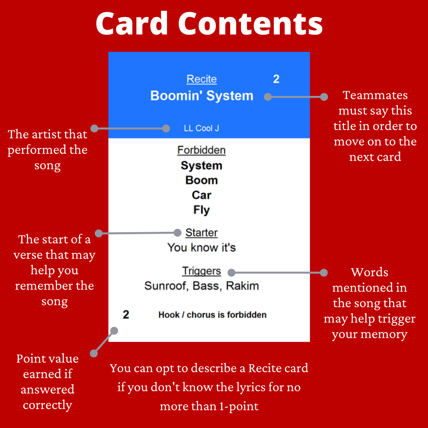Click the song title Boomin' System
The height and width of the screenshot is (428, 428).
[201, 96]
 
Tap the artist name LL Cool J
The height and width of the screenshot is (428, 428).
[201, 128]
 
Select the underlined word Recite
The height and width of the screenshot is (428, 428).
[201, 79]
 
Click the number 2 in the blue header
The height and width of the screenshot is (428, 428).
[276, 79]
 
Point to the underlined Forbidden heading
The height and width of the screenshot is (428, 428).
[201, 150]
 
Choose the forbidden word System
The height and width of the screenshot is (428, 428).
[201, 166]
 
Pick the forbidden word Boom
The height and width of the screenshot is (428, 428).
[201, 180]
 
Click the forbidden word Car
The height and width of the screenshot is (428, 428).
[201, 195]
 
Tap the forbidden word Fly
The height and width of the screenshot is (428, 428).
[201, 210]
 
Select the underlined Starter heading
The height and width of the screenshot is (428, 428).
[201, 233]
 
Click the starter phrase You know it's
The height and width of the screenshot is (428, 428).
[201, 248]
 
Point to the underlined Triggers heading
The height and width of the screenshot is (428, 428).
[201, 271]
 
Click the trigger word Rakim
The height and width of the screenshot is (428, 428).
[243, 286]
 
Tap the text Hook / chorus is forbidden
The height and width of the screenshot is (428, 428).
[212, 315]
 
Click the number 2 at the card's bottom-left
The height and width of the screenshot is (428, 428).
[126, 315]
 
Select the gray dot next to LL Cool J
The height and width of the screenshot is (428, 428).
[166, 128]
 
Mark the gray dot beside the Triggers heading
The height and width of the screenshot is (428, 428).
[231, 272]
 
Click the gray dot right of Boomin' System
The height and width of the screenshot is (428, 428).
[268, 97]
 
